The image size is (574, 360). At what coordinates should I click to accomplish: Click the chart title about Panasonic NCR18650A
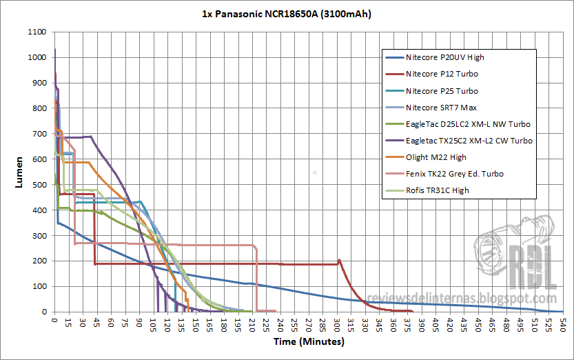point(287,14)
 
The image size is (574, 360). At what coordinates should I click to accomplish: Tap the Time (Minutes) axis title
point(309,341)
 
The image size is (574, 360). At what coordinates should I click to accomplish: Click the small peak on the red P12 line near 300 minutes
point(340,260)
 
